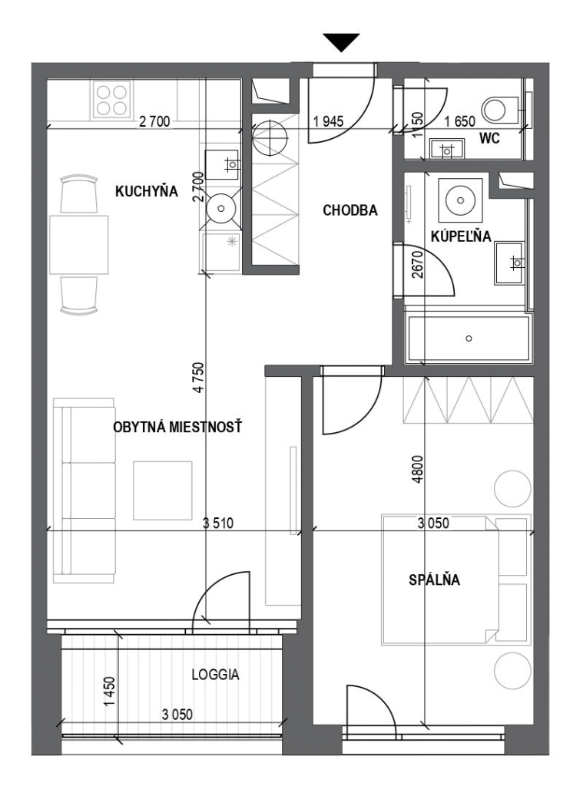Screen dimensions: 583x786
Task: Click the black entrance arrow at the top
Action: coord(341,42)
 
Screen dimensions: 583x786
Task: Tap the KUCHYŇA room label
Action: coord(147,191)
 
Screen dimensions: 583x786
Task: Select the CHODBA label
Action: coord(350,210)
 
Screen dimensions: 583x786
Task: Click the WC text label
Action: coord(490,138)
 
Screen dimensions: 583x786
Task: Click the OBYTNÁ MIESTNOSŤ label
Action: coord(177,427)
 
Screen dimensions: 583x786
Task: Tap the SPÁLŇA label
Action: coord(435,580)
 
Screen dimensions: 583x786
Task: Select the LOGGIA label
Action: coord(215,675)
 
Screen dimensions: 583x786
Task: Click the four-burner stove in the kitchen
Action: coord(111,101)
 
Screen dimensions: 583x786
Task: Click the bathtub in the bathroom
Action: coord(469,338)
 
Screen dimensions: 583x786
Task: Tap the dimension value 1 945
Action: coord(329,121)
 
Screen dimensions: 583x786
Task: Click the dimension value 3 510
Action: coord(218,523)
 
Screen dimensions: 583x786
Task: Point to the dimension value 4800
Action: coord(417,469)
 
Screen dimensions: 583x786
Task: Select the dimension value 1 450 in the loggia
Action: coord(111,692)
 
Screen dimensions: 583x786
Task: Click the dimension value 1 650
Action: coord(460,122)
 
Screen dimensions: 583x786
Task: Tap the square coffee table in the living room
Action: coord(163,490)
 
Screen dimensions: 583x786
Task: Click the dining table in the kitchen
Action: coord(79,245)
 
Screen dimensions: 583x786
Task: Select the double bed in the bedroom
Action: coord(456,579)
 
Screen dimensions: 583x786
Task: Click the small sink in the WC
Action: coord(447,148)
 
